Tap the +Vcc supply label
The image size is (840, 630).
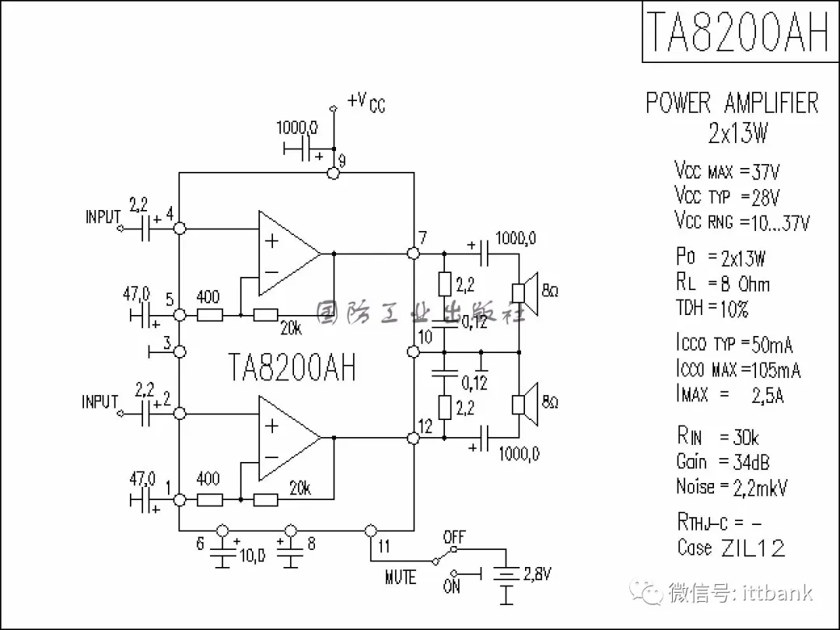366,101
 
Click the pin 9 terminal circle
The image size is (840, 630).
334,173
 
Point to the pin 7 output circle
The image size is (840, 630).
414,254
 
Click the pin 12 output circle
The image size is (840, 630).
414,439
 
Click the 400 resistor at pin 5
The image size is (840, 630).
209,315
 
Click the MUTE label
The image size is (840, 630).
401,577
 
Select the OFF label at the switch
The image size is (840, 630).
453,537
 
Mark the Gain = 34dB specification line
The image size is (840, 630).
723,462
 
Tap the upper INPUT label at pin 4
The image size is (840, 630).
103,216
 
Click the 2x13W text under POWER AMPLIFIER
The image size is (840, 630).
737,134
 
